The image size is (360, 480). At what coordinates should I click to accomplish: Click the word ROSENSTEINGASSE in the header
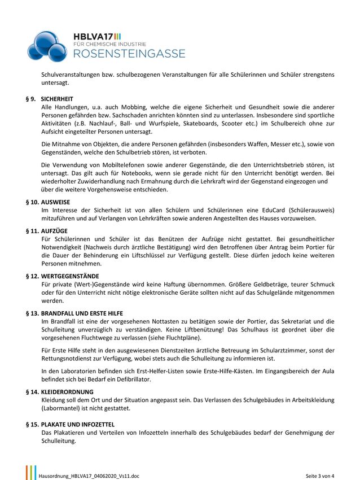(x=129, y=54)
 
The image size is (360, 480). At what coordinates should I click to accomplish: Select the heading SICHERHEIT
(x=58, y=98)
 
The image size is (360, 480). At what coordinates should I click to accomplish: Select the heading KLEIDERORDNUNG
(x=68, y=391)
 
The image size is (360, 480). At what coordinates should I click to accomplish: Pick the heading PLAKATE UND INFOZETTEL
(x=78, y=424)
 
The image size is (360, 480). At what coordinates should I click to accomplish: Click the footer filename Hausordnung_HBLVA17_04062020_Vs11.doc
(x=89, y=475)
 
